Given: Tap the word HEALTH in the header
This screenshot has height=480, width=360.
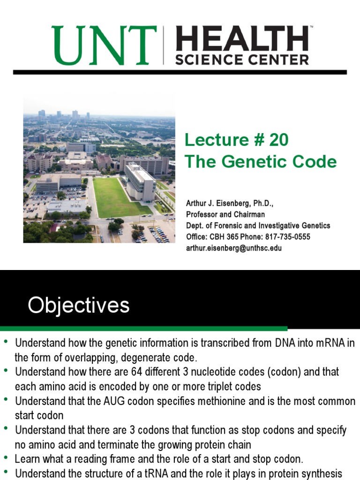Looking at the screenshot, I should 241,39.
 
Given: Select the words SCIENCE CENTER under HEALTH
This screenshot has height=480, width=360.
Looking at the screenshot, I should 241,60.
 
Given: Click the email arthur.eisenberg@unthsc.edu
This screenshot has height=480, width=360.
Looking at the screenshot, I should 234,248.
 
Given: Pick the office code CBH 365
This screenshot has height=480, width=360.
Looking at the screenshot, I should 224,237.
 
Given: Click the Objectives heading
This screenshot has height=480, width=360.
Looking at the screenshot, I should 78,306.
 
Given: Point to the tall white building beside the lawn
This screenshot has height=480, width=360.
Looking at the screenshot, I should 140,180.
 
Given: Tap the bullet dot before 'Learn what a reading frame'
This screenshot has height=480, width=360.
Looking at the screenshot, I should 6,458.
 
